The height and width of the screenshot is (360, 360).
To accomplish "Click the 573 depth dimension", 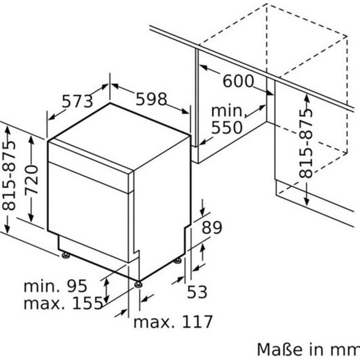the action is click(x=78, y=101).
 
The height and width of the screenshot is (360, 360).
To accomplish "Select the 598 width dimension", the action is click(x=151, y=99).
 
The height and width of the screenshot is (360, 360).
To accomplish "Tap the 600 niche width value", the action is click(x=238, y=81).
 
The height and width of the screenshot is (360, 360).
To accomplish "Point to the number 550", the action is click(x=227, y=127).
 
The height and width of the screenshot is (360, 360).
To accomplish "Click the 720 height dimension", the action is click(x=32, y=179).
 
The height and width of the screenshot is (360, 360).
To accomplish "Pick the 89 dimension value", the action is click(x=212, y=227).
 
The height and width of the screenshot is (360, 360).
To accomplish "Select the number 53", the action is click(x=197, y=292).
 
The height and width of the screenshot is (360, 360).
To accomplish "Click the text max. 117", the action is click(x=173, y=322).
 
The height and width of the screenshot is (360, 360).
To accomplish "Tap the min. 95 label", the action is click(x=55, y=286).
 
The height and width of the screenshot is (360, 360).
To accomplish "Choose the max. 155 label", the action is click(x=63, y=303).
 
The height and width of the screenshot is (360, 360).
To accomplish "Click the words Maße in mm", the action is click(x=308, y=349).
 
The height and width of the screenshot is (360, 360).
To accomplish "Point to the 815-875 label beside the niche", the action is click(x=306, y=143).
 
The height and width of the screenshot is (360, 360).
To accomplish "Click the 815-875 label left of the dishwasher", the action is click(x=9, y=175).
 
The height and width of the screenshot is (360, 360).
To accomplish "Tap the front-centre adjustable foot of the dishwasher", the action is click(x=138, y=285).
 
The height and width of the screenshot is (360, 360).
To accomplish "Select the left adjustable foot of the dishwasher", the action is click(x=66, y=255).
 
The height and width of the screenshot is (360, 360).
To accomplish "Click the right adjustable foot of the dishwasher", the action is click(x=177, y=261).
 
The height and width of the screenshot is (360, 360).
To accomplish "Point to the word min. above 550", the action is click(x=227, y=111).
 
